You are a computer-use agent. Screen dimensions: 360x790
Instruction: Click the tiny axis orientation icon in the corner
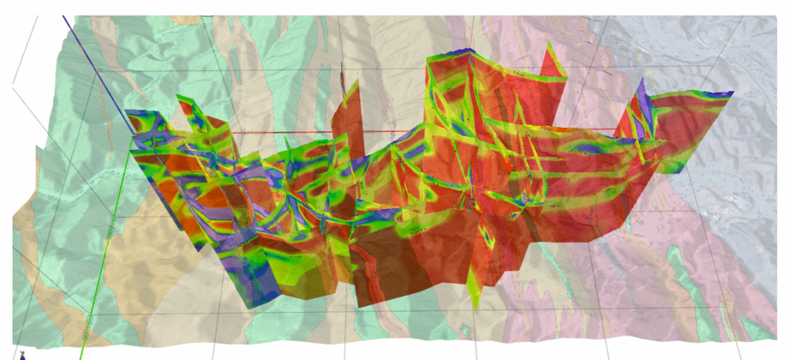(x=22, y=353)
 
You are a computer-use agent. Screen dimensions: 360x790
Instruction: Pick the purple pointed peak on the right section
(x=640, y=91)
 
